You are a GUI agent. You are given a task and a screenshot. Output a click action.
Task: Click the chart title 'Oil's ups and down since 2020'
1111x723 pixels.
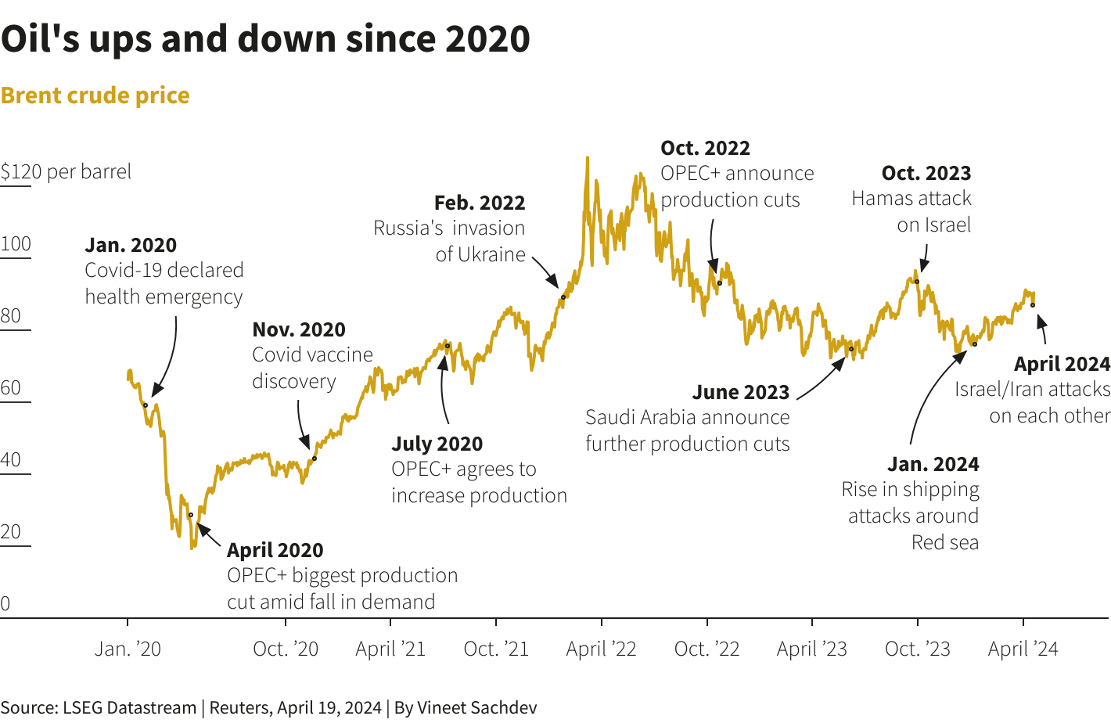pos(265,39)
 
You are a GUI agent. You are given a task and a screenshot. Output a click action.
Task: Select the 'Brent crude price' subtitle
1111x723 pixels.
pos(95,95)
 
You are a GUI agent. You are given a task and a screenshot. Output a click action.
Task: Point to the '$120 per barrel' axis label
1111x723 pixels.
pos(66,172)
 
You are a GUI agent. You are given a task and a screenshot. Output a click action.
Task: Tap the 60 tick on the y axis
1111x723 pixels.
pos(11,388)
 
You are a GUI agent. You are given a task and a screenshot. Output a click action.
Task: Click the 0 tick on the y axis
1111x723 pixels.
pos(5,604)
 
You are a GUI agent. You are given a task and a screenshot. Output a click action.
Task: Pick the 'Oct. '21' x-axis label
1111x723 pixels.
pos(496,649)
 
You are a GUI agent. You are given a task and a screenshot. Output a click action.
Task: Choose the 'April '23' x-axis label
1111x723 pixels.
pos(812,649)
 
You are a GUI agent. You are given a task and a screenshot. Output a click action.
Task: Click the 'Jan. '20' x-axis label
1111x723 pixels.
pos(128,649)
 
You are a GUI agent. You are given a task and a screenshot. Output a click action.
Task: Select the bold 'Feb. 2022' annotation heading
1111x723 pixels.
pos(480,203)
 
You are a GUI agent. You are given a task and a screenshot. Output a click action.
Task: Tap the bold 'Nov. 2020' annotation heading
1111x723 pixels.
pos(299,330)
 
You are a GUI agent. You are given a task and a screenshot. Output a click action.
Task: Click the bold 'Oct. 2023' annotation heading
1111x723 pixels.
pos(926,174)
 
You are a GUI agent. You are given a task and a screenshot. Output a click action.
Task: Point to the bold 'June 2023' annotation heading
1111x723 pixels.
pos(741,393)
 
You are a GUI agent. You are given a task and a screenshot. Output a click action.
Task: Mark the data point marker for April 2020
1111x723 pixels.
pos(191,515)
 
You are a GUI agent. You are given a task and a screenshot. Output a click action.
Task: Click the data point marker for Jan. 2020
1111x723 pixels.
pos(146,405)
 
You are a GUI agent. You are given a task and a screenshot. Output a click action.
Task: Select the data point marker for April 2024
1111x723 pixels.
pos(1033,305)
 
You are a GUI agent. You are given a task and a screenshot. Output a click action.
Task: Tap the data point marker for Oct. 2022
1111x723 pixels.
pos(720,283)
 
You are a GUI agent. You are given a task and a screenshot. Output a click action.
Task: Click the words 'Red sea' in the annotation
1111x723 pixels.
pos(945,543)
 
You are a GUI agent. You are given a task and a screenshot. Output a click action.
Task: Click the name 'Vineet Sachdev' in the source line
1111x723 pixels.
pos(477,708)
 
